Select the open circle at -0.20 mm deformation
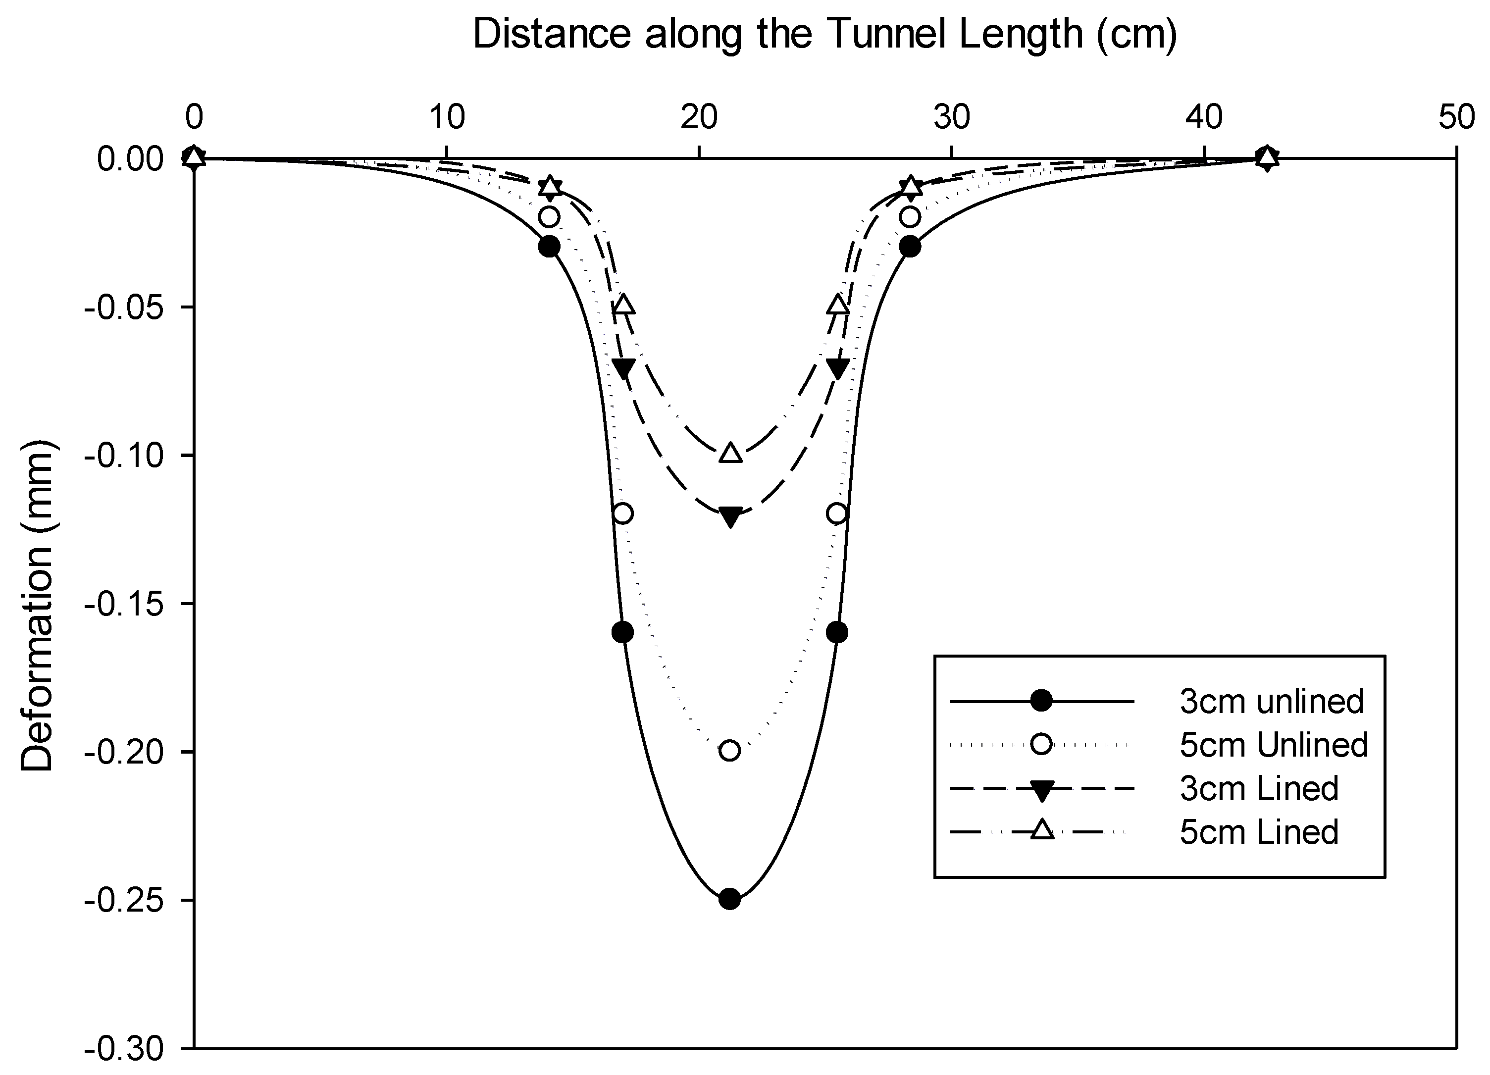tap(729, 750)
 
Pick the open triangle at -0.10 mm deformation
tap(730, 453)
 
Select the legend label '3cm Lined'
tap(1259, 788)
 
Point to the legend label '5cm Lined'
tap(1259, 832)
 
